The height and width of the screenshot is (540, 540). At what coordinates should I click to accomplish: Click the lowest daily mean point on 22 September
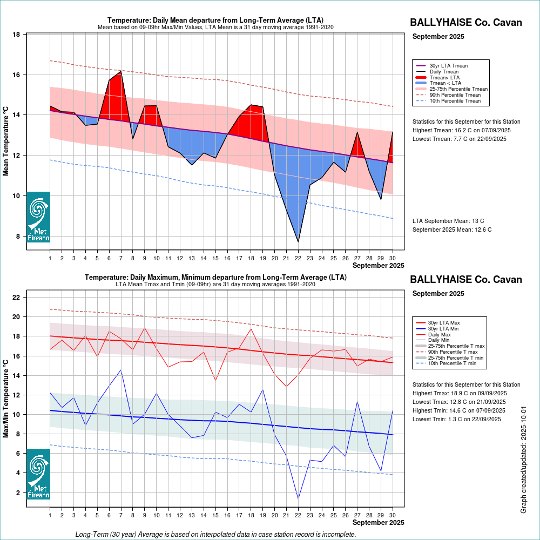298,241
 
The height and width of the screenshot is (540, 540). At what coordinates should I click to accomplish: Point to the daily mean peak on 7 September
121,71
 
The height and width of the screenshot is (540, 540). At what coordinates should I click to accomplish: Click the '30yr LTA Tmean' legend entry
448,66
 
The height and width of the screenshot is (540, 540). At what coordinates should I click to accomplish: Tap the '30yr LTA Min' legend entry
448,329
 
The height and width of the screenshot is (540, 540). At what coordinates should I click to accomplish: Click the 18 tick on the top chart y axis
16,35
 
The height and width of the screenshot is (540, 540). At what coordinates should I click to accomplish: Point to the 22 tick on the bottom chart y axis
16,297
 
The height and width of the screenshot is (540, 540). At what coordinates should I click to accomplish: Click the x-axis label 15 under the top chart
215,259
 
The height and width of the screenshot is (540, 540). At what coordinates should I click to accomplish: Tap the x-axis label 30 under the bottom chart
393,516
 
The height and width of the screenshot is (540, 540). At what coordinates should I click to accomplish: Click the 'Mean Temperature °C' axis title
6,141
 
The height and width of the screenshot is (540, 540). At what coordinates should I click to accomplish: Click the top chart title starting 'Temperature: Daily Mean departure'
215,21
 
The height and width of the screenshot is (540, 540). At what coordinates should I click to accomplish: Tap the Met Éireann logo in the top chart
38,217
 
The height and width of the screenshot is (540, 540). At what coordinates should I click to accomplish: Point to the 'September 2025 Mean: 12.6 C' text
452,230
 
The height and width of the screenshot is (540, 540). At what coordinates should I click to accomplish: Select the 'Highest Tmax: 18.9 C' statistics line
460,393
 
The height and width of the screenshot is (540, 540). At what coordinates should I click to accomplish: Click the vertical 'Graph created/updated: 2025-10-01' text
523,460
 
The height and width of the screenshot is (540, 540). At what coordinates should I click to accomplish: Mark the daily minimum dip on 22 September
298,498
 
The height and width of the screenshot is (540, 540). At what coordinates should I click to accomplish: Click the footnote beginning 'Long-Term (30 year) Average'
215,535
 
